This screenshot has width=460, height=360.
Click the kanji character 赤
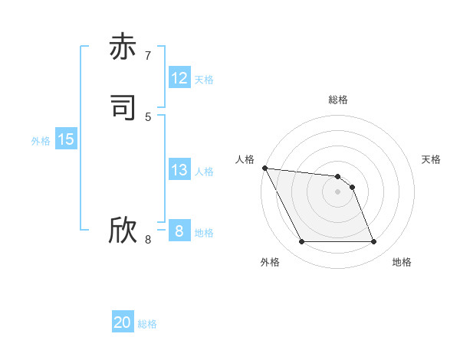tap(123, 47)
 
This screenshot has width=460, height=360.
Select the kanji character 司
tap(123, 108)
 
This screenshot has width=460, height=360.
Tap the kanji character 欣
tap(123, 231)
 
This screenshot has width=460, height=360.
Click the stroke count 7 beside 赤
tap(148, 56)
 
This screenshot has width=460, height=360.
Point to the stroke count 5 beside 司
tap(148, 116)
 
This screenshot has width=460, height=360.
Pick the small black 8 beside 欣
tap(148, 240)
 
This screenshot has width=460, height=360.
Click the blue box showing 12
tap(179, 78)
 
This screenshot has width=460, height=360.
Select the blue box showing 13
tap(179, 170)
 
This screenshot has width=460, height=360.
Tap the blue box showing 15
tap(66, 139)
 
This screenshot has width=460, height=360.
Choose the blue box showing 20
tap(123, 322)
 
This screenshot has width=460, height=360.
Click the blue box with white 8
tap(179, 231)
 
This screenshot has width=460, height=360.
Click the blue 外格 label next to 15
tap(41, 141)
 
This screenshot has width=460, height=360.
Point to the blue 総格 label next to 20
tap(147, 324)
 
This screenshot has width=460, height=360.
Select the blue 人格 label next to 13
tap(204, 172)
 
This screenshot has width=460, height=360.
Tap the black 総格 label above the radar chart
tap(338, 100)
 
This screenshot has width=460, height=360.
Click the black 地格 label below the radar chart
tap(402, 262)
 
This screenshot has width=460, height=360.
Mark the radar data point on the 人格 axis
tap(264, 168)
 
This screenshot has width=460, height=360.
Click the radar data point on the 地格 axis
tap(374, 242)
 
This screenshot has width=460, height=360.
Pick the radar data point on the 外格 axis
tap(301, 242)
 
